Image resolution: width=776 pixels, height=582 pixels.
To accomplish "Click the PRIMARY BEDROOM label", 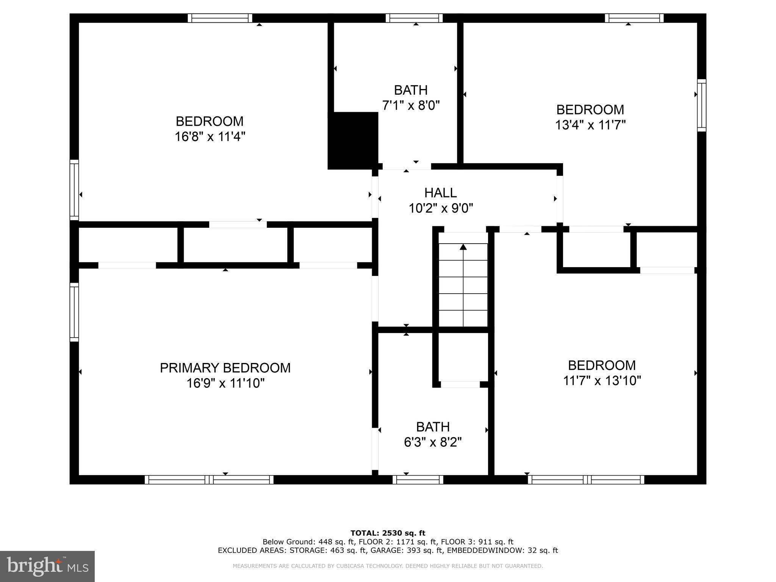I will pyautogui.click(x=225, y=368).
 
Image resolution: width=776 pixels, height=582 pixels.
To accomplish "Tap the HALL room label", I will pyautogui.click(x=440, y=193).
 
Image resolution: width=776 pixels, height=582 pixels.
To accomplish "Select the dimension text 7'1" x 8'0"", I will pyautogui.click(x=411, y=105).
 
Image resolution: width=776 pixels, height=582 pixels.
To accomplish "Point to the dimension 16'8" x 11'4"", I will pyautogui.click(x=210, y=136).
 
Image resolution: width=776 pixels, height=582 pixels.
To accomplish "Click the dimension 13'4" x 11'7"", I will pyautogui.click(x=590, y=125).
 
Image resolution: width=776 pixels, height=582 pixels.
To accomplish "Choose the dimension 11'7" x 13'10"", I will pyautogui.click(x=602, y=380).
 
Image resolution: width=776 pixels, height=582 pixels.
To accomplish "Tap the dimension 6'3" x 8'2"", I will pyautogui.click(x=433, y=442).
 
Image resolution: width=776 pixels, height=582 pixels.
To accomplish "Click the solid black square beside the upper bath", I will pyautogui.click(x=353, y=141).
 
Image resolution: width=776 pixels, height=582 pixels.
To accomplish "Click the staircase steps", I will pyautogui.click(x=463, y=288).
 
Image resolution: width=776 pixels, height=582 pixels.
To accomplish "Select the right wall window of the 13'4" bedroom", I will pyautogui.click(x=702, y=105).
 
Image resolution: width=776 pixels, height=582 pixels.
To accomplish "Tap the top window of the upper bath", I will pyautogui.click(x=414, y=18).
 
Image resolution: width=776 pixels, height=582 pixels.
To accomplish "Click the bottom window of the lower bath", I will pyautogui.click(x=418, y=480).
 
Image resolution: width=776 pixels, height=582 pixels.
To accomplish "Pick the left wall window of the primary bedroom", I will pyautogui.click(x=74, y=312).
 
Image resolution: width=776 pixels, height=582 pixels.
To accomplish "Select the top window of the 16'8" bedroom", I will pyautogui.click(x=220, y=18).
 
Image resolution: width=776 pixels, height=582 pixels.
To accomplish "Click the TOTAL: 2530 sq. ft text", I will pyautogui.click(x=388, y=533).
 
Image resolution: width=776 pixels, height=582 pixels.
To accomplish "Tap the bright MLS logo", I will pyautogui.click(x=47, y=566).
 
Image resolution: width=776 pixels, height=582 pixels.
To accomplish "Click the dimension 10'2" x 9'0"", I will pyautogui.click(x=441, y=208).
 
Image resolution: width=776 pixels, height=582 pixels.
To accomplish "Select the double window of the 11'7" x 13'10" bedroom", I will pyautogui.click(x=586, y=480).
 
